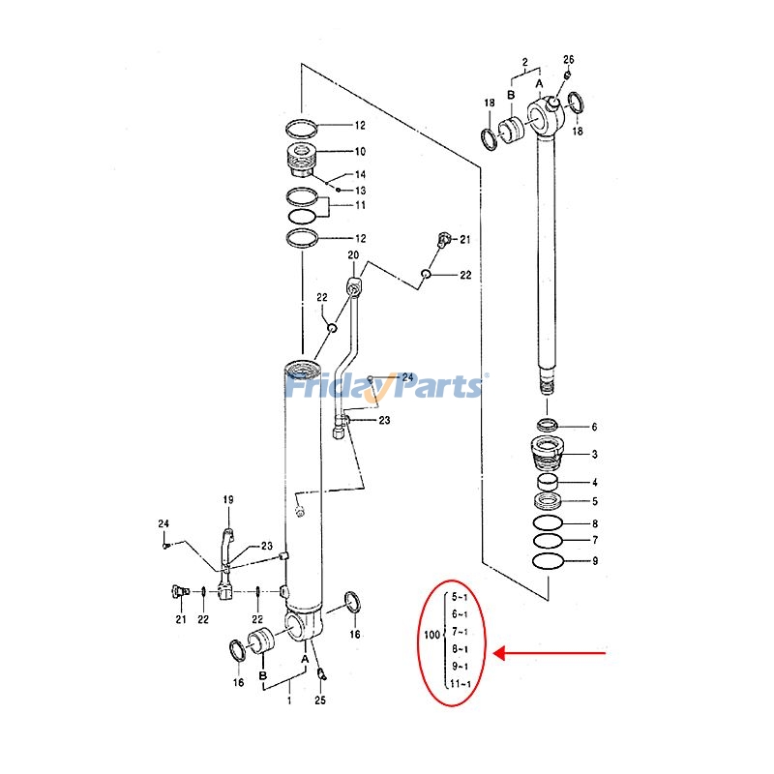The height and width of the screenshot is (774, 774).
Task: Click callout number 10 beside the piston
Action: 332,152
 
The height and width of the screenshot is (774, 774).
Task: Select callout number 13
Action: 332,191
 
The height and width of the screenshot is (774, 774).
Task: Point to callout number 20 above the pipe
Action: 353,255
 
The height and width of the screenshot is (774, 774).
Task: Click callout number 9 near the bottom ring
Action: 595,561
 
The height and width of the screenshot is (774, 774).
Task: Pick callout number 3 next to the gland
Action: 595,455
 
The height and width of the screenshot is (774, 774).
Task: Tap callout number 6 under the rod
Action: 595,427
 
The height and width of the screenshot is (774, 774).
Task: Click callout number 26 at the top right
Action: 568,60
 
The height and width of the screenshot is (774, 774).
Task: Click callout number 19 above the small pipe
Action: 228,499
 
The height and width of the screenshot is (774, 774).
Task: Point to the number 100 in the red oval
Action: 432,635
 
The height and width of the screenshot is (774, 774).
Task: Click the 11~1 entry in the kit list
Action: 461,685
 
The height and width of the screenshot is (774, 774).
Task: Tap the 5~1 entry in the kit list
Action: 461,597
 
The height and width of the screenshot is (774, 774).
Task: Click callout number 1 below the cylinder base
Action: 287,700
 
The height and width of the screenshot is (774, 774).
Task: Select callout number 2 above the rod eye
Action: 525,63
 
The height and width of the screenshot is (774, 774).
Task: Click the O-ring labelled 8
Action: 548,523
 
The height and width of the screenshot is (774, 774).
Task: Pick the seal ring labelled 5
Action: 549,501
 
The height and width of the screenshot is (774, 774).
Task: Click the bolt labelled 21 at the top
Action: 445,238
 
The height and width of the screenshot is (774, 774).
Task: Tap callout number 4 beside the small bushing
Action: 595,483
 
